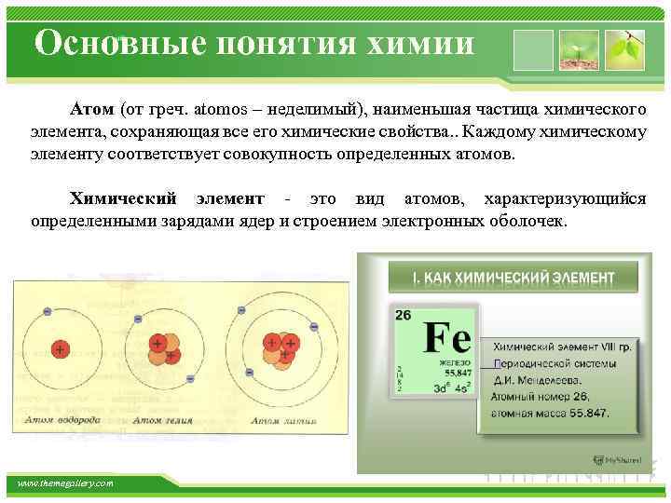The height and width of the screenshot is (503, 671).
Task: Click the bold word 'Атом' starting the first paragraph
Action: [x=91, y=110]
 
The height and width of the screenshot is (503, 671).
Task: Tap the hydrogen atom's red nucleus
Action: [x=60, y=350]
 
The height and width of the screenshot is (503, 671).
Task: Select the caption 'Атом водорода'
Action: [x=64, y=420]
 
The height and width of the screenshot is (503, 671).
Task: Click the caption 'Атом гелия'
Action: [x=163, y=420]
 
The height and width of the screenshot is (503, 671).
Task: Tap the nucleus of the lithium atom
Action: [x=281, y=348]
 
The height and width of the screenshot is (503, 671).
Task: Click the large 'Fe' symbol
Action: [x=446, y=338]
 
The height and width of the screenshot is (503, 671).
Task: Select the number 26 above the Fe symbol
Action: [x=403, y=315]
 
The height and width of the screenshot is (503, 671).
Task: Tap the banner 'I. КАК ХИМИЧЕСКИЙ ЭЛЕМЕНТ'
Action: [x=514, y=278]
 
